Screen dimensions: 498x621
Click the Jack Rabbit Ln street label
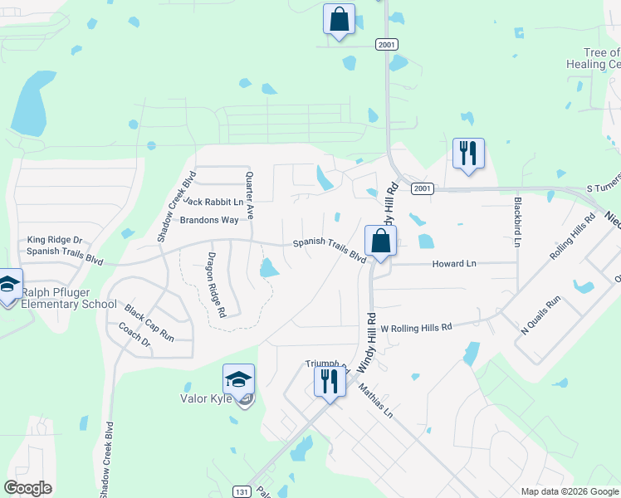coord(214,202)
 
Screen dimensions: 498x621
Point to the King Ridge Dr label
coord(56,239)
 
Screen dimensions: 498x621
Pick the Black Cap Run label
coord(149,324)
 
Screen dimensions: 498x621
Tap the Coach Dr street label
coord(134,335)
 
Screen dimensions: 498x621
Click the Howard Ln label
coord(454,264)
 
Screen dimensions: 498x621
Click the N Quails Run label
coord(540,315)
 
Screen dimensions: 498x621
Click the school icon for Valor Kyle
coord(238,380)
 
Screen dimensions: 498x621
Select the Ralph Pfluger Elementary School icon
coord(8,285)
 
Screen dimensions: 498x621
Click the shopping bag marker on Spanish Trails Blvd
coord(379,241)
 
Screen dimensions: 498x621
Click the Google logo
coord(28,488)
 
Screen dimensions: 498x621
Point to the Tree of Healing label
coord(592,58)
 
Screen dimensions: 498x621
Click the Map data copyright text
coord(570,491)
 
